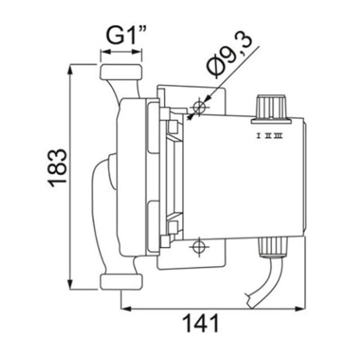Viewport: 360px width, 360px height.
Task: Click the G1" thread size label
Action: click(x=126, y=36)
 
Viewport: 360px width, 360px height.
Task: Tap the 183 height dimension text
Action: click(x=57, y=168)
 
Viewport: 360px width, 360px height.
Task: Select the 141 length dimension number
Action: click(x=200, y=323)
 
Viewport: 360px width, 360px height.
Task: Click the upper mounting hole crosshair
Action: click(x=199, y=107)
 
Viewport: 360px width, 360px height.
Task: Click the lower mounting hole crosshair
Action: click(x=199, y=247)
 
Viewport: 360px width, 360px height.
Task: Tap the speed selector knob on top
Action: click(x=271, y=109)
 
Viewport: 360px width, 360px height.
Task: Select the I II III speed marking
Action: click(x=269, y=136)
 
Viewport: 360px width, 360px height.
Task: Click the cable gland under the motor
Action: click(x=273, y=248)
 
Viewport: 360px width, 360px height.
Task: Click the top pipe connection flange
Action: click(x=121, y=72)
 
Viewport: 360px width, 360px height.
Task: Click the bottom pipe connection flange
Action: click(x=121, y=282)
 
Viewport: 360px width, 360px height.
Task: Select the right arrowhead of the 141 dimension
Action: click(x=300, y=309)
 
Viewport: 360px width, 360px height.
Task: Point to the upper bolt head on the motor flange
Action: click(x=173, y=127)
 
